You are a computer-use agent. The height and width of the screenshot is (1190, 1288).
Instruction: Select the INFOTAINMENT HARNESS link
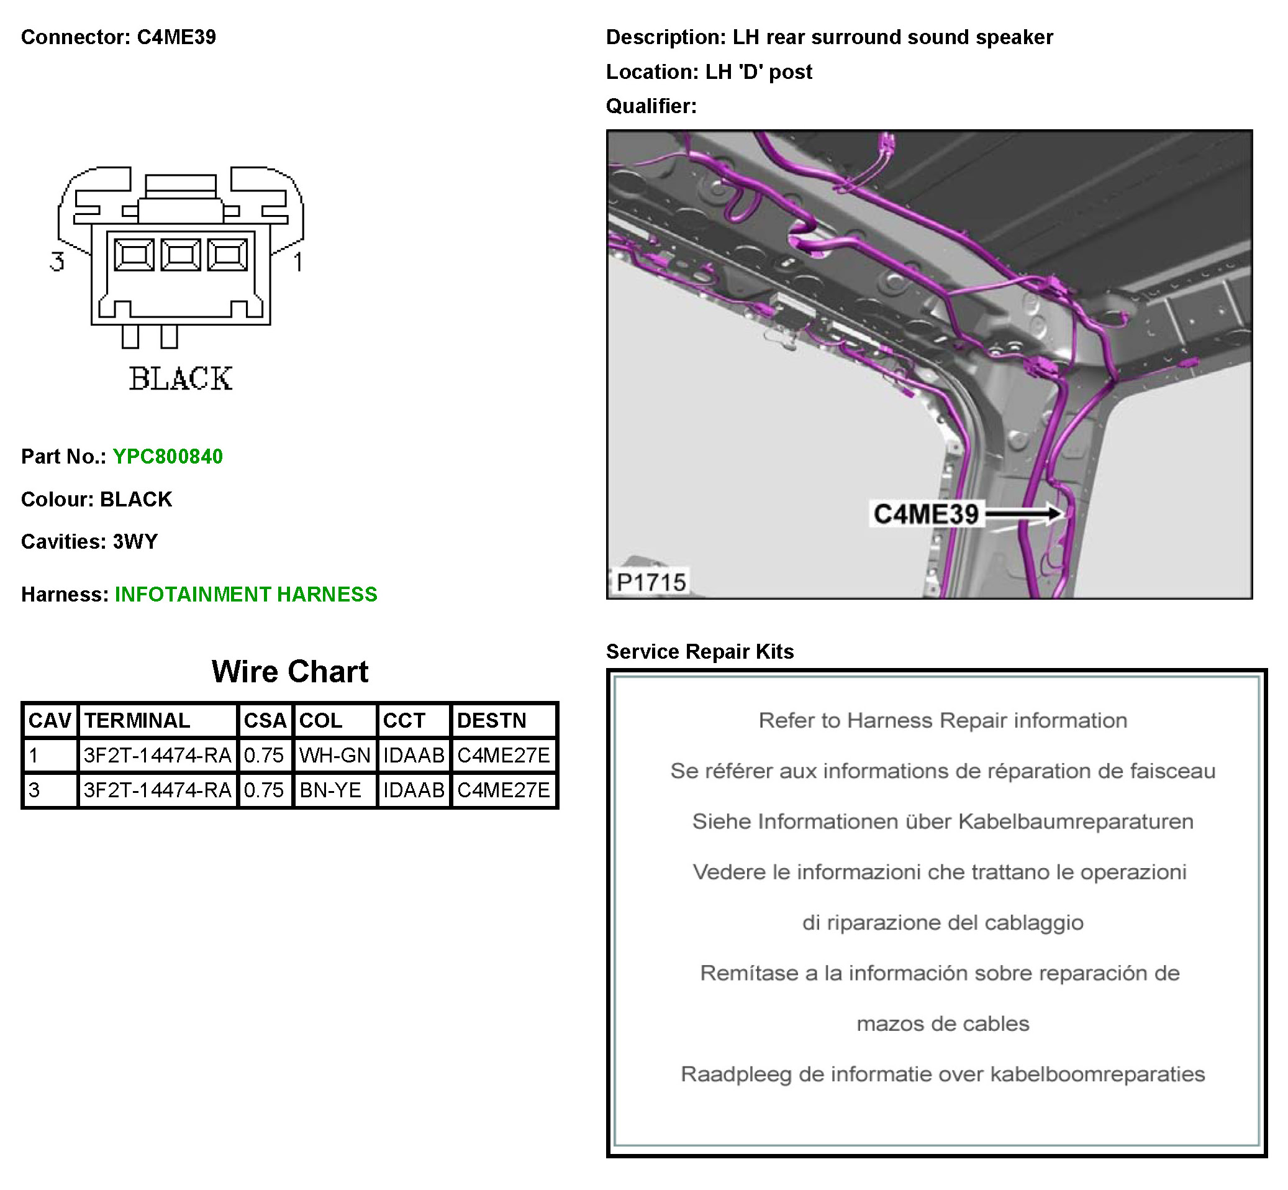246,593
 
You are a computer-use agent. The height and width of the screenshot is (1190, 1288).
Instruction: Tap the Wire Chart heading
289,672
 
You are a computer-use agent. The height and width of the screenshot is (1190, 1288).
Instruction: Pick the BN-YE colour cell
330,789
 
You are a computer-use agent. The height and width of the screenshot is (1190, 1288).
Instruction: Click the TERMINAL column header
137,720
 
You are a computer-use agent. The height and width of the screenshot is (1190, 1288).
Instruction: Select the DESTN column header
492,720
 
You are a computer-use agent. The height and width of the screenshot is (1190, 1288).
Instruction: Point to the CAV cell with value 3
35,789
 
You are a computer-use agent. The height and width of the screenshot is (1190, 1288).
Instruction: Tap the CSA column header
265,720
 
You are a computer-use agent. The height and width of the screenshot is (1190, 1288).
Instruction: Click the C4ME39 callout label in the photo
925,514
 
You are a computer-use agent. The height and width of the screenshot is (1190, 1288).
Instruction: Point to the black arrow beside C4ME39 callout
1023,514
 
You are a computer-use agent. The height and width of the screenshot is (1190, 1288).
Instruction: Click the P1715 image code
651,582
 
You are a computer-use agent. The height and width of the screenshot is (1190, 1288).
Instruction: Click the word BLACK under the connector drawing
180,378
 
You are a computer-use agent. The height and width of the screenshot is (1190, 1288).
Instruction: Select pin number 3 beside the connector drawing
57,262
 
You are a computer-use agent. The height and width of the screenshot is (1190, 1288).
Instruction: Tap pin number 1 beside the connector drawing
298,262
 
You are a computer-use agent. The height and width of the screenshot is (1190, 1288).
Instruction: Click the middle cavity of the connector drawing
180,254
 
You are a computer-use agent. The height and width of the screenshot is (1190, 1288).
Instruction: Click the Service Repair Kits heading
700,652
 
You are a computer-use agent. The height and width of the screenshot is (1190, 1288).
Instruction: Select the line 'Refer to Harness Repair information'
942,720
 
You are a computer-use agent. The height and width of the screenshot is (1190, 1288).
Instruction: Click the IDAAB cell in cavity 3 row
413,789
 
